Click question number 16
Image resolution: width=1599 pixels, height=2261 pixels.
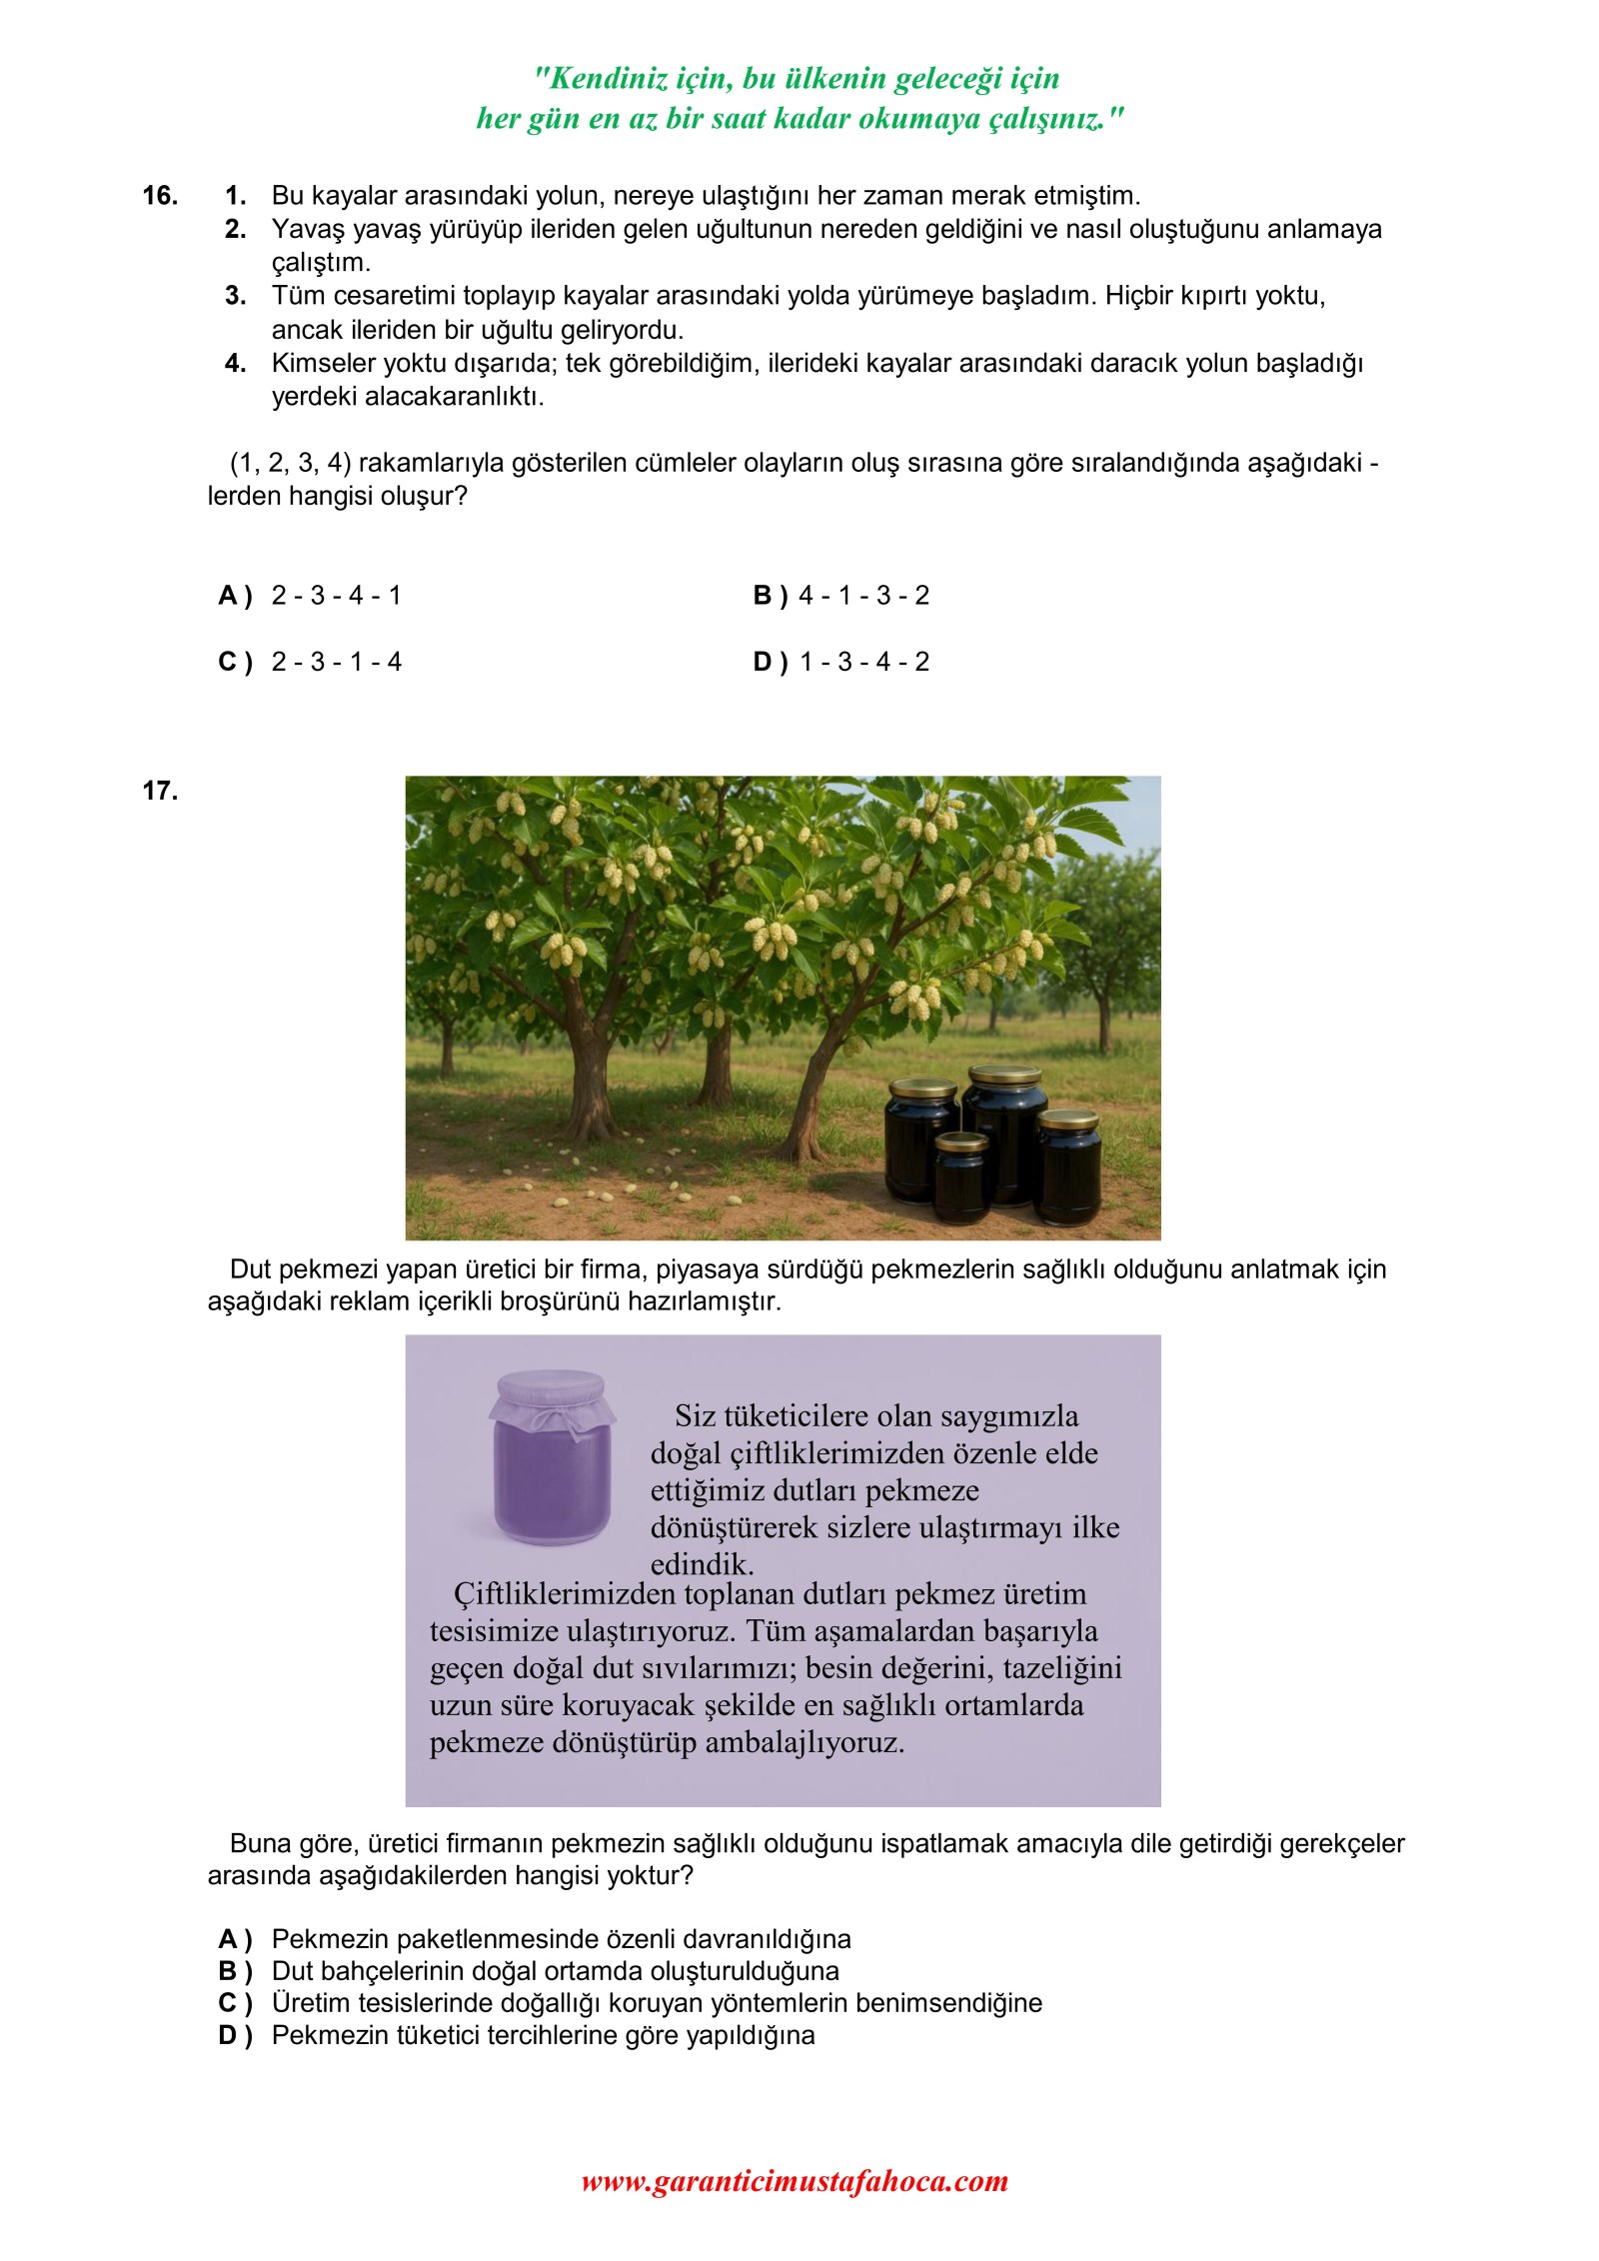point(160,196)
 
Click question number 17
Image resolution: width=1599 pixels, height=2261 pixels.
point(160,792)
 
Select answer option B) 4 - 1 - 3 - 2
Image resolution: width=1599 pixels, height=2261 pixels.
point(840,596)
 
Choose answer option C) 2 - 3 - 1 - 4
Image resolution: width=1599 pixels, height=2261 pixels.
point(310,662)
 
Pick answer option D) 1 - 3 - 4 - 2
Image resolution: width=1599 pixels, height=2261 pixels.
point(840,662)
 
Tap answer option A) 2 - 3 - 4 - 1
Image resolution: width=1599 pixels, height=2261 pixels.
point(310,596)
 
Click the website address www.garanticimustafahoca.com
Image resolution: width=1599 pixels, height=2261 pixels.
point(795,2181)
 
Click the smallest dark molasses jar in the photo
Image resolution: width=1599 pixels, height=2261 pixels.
point(961,1176)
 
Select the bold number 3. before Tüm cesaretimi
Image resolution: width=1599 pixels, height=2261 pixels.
point(236,296)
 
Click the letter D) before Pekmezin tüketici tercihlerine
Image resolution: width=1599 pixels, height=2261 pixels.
point(235,2035)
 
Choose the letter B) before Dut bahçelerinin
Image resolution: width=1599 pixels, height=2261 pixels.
point(235,1970)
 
